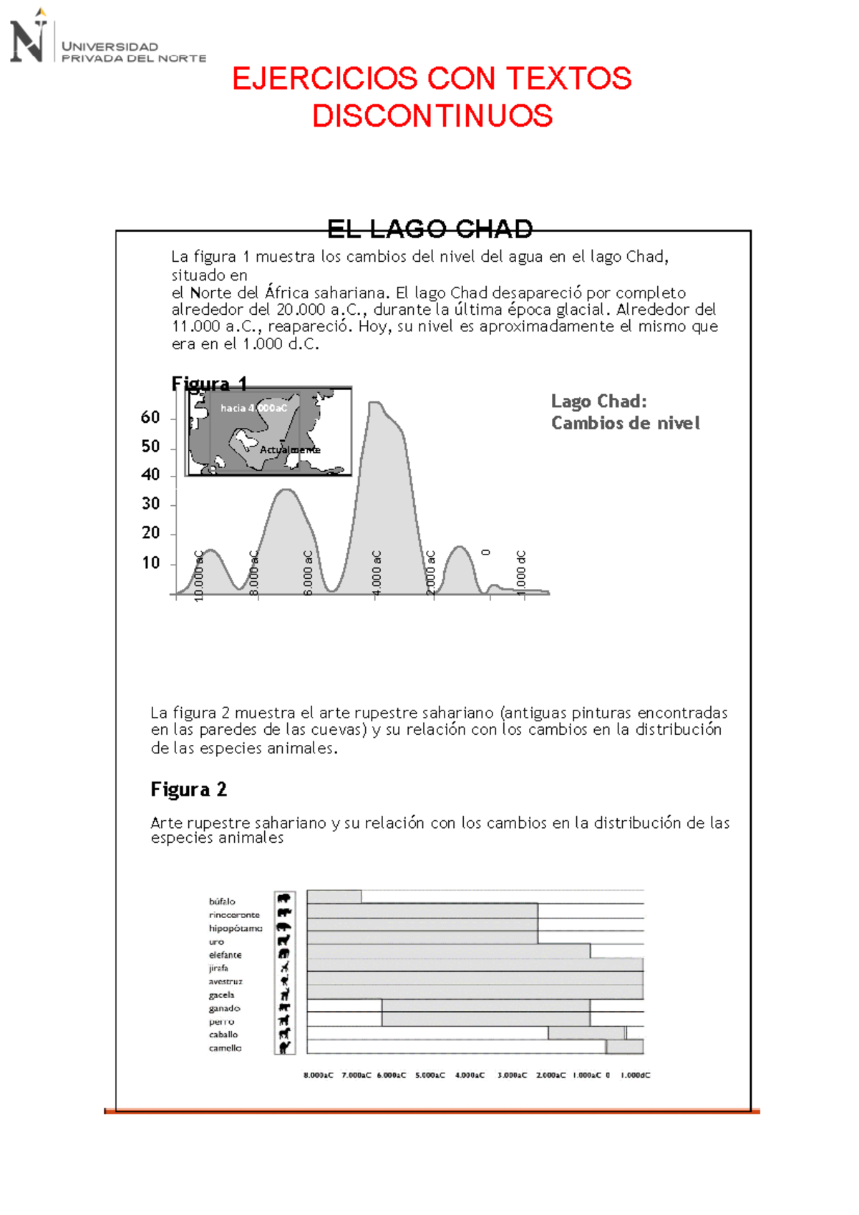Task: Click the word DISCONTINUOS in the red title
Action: pyautogui.click(x=432, y=116)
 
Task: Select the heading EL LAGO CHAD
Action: pyautogui.click(x=429, y=229)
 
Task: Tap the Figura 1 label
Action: pyautogui.click(x=209, y=384)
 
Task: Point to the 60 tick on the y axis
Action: pyautogui.click(x=150, y=418)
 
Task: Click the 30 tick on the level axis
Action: pyautogui.click(x=150, y=504)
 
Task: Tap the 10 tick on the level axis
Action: pyautogui.click(x=150, y=563)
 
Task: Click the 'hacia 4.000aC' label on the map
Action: pyautogui.click(x=253, y=408)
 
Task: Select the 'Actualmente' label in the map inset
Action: pyautogui.click(x=290, y=449)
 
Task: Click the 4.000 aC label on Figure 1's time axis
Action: pyautogui.click(x=377, y=571)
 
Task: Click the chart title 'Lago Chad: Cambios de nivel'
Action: pyautogui.click(x=624, y=412)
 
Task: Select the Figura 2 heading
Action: pyautogui.click(x=188, y=789)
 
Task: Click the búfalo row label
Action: pyautogui.click(x=222, y=902)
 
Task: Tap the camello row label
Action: pyautogui.click(x=225, y=1048)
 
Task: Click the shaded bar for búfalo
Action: pyautogui.click(x=334, y=897)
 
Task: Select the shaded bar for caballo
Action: pyautogui.click(x=586, y=1033)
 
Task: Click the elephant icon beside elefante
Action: pyautogui.click(x=284, y=954)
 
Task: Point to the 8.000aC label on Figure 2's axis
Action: pyautogui.click(x=318, y=1075)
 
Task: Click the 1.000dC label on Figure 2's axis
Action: pyautogui.click(x=635, y=1075)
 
